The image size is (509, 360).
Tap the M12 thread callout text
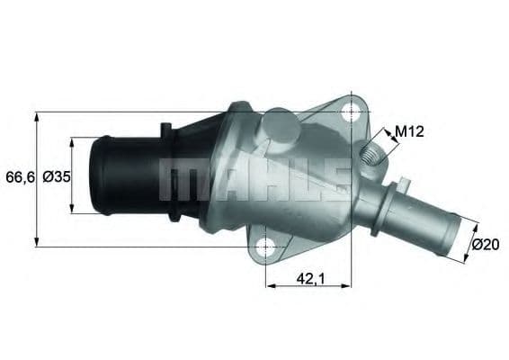pos(409,132)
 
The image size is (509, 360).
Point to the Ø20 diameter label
pos(486,245)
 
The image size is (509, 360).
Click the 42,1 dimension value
pos(309,280)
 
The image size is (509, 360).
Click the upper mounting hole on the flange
pos(351,111)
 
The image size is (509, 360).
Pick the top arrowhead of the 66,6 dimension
pos(37,116)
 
